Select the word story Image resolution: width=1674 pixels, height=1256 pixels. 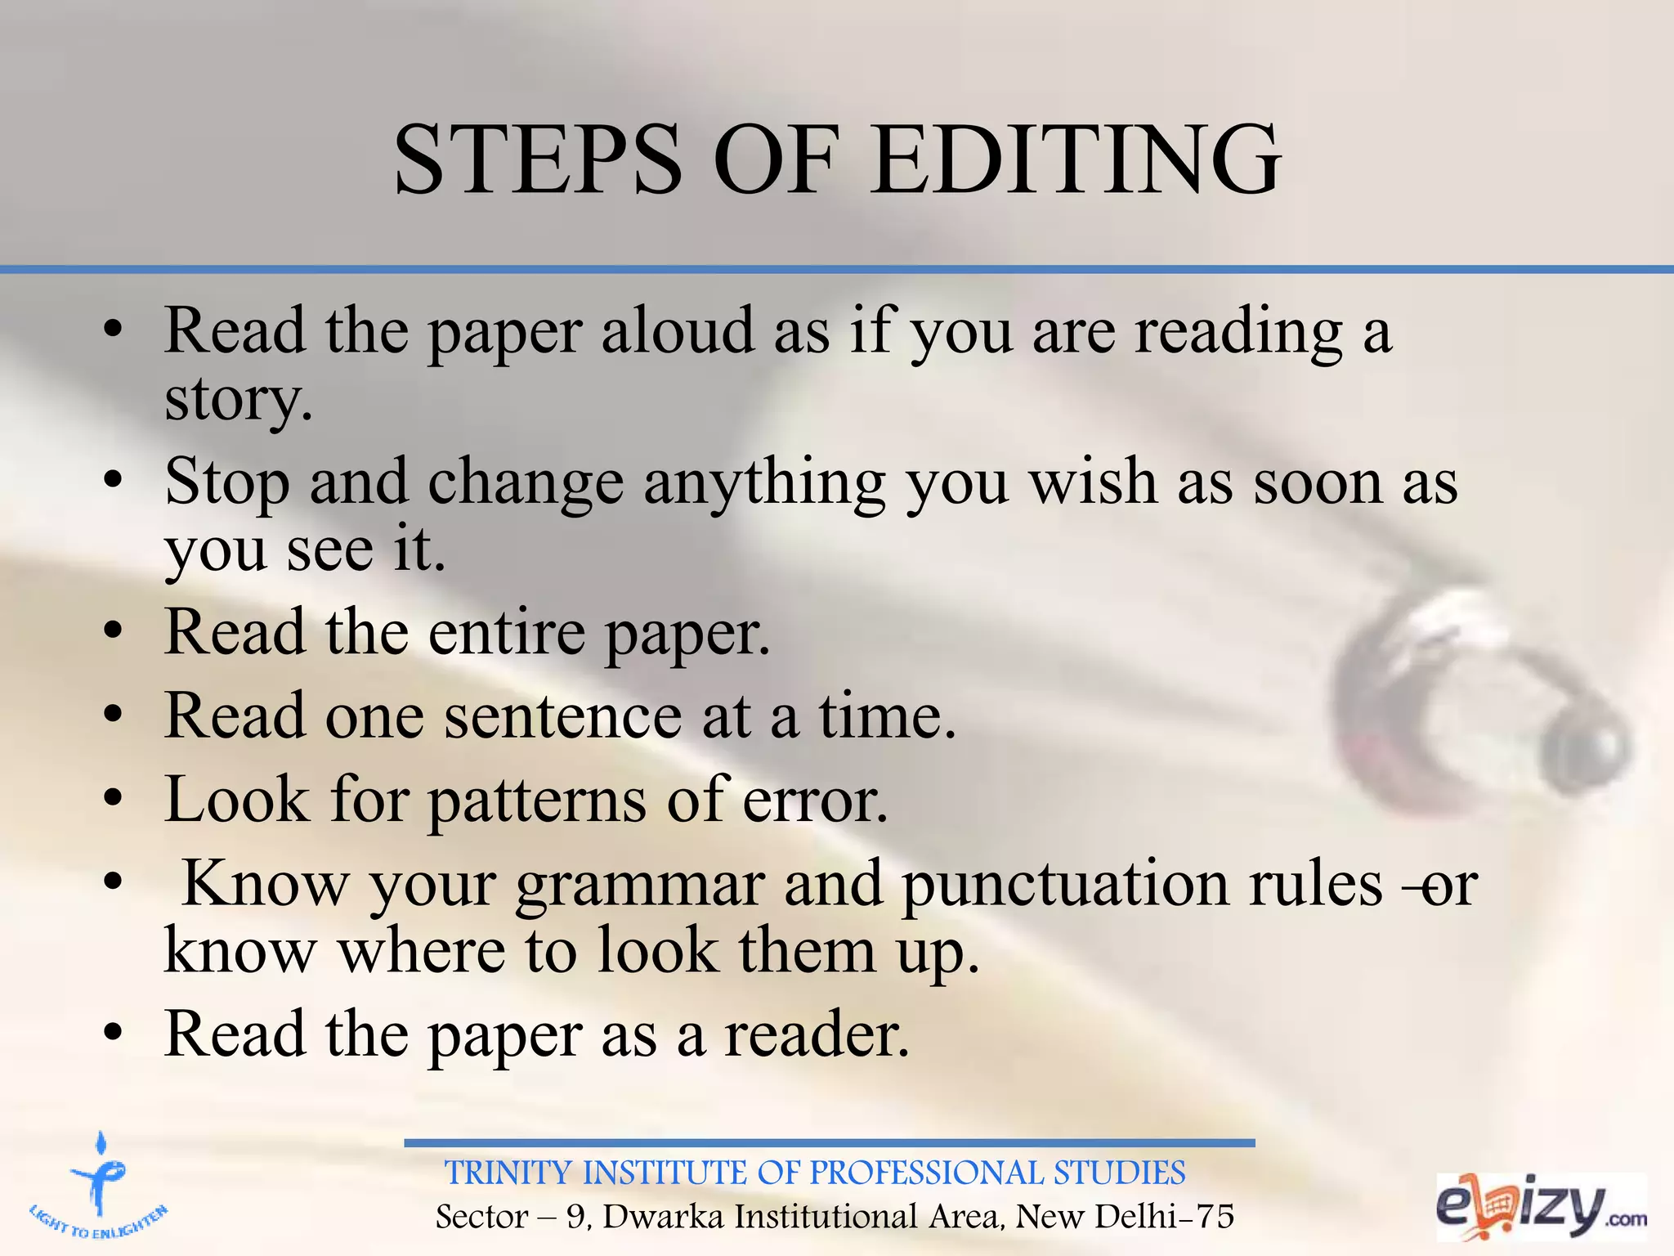point(238,401)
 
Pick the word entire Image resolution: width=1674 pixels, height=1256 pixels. point(507,633)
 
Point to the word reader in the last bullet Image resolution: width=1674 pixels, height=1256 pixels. point(816,1035)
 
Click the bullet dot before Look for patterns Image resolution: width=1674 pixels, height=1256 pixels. point(114,796)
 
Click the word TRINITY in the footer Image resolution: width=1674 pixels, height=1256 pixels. point(508,1173)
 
